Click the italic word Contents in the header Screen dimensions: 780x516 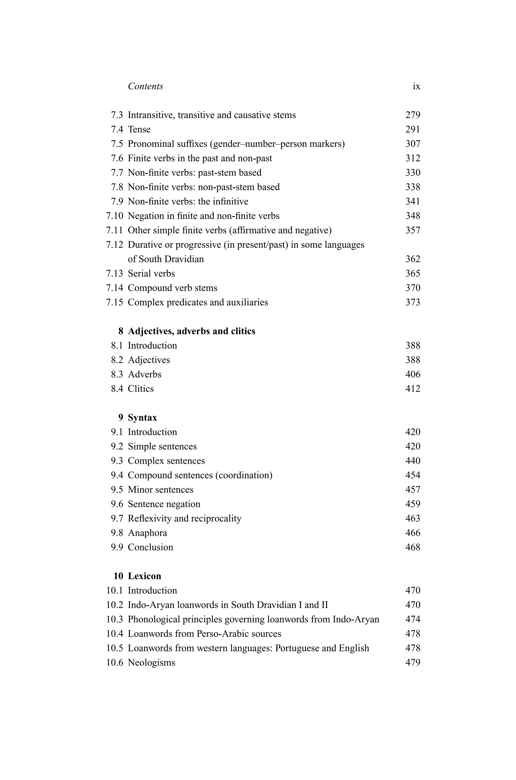pos(145,86)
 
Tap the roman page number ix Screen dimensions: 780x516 pos(416,86)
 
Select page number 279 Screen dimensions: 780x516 pos(413,115)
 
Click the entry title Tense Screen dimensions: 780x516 pos(139,129)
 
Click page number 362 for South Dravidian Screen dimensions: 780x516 pos(413,259)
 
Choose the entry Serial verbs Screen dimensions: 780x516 pos(151,273)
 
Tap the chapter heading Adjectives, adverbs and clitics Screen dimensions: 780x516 pos(191,331)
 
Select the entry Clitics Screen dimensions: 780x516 pos(141,389)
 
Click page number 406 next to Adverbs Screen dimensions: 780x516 pos(413,374)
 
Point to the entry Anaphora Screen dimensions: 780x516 pos(147,533)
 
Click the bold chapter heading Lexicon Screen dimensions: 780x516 pos(144,576)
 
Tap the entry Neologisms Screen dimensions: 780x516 pos(151,663)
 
